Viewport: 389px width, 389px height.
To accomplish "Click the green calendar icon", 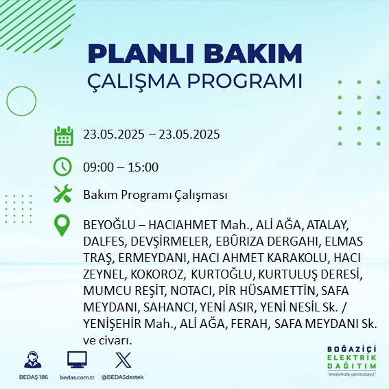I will (63, 135).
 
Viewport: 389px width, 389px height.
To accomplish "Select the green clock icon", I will (62, 166).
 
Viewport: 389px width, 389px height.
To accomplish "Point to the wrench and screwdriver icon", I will (62, 195).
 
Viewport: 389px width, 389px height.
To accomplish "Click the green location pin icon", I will (62, 226).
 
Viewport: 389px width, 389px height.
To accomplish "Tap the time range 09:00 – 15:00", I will (121, 167).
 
